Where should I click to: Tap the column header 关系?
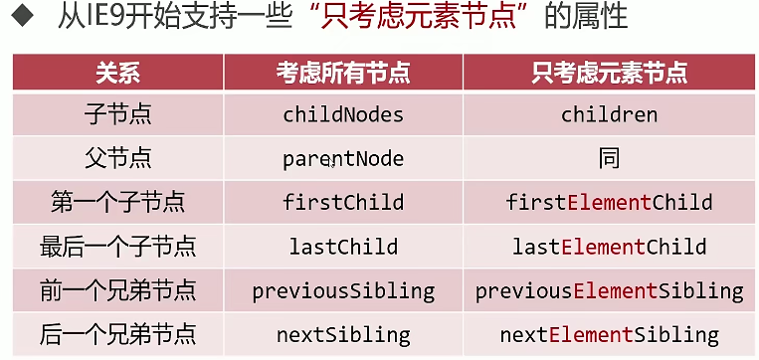tap(117, 73)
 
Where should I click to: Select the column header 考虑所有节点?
tap(343, 73)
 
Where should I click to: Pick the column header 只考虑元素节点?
tap(610, 73)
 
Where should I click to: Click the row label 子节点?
tap(117, 115)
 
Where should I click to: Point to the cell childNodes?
tap(343, 115)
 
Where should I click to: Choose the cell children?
tap(610, 115)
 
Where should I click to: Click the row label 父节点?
tap(117, 158)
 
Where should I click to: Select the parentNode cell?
tap(343, 159)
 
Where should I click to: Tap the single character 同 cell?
tap(610, 158)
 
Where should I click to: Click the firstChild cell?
tap(343, 202)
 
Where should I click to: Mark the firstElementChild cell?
tap(610, 202)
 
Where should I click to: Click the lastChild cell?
tap(343, 247)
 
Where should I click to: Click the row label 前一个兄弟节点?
tap(117, 290)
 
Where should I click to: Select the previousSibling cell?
tap(343, 291)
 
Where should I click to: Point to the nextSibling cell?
tap(343, 335)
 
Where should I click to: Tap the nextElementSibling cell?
tap(610, 335)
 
